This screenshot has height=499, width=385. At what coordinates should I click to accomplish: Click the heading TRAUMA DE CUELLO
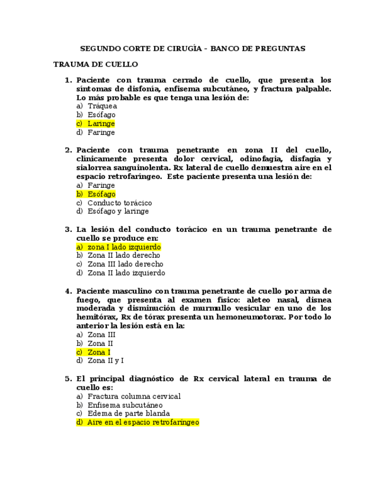tap(95, 64)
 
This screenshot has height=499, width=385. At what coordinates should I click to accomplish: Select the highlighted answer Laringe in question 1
tap(101, 124)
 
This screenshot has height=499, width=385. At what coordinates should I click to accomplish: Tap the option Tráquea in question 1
tap(102, 107)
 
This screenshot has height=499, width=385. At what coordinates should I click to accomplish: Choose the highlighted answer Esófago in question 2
tap(101, 194)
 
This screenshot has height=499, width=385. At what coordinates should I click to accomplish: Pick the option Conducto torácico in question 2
tap(119, 203)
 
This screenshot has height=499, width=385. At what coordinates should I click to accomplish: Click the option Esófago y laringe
tap(118, 211)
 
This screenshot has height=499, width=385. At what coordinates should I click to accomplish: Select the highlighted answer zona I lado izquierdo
tap(124, 247)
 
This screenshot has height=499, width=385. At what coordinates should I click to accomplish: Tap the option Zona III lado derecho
tap(125, 264)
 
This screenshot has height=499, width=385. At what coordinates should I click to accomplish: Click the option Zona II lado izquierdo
tap(126, 273)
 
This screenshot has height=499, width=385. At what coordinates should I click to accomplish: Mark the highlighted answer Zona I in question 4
tap(99, 352)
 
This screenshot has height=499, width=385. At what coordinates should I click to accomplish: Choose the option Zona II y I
tap(105, 361)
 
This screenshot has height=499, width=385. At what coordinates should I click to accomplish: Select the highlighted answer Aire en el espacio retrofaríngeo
tap(143, 423)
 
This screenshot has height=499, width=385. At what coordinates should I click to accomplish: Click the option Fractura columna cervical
tap(134, 397)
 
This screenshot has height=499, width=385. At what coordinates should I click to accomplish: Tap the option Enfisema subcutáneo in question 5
tap(125, 405)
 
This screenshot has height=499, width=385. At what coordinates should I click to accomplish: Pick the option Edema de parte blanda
tap(129, 414)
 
